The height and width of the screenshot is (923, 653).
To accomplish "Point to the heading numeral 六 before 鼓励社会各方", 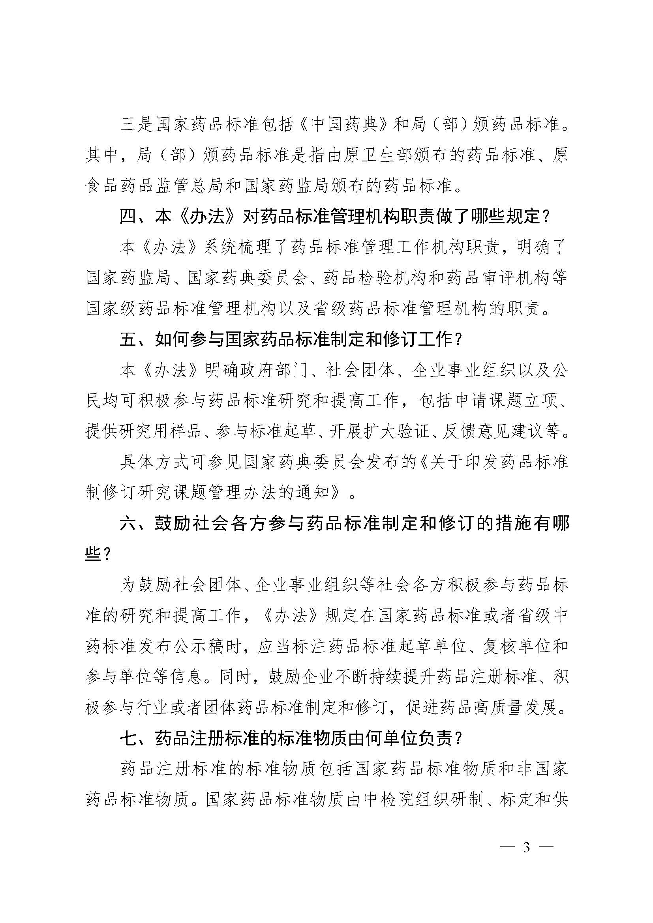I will point(128,524).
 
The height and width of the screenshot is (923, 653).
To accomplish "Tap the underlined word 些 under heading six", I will point(94,555).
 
